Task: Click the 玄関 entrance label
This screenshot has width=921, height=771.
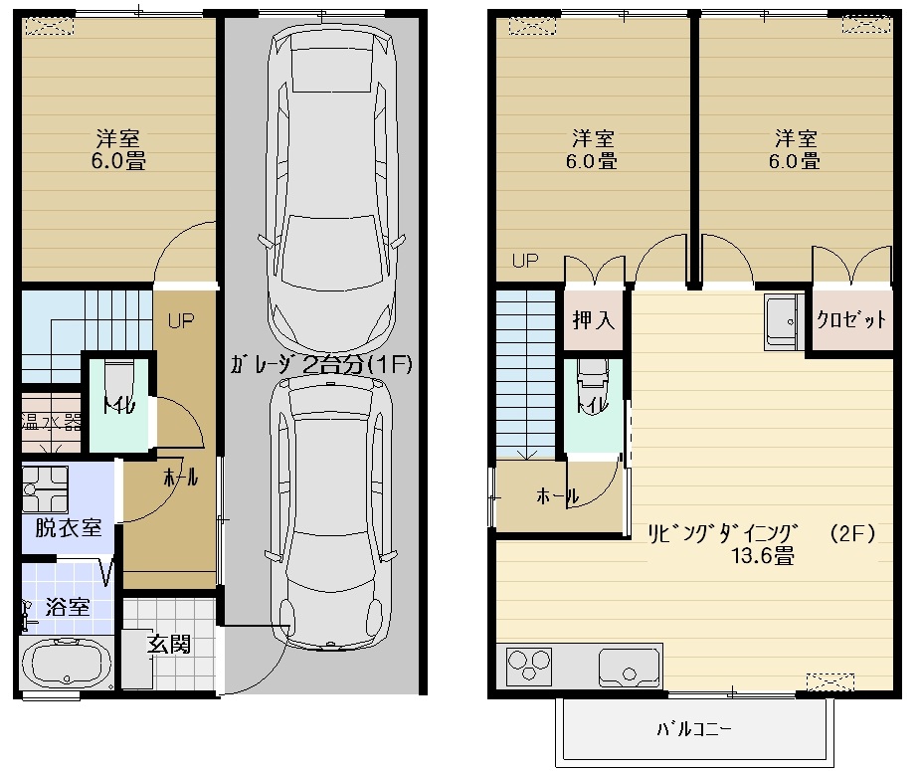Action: [x=168, y=644]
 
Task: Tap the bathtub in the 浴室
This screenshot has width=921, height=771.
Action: [x=67, y=663]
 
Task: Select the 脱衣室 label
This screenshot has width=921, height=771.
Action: [x=69, y=527]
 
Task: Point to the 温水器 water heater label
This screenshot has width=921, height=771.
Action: [x=51, y=422]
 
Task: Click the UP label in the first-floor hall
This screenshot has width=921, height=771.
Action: [x=181, y=321]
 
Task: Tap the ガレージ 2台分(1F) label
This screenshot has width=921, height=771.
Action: [x=321, y=365]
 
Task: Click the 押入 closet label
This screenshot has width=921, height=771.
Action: [x=593, y=320]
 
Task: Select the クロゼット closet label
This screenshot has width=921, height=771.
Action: [x=851, y=319]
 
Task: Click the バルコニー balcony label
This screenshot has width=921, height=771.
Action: [x=693, y=729]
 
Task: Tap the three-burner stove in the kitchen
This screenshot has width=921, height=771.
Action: [x=529, y=667]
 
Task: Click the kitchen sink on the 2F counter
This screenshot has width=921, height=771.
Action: [x=629, y=667]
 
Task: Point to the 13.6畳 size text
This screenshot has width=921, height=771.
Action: [x=763, y=555]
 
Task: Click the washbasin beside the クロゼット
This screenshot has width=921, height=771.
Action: [x=784, y=321]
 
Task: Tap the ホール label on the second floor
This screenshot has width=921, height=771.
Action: [x=557, y=496]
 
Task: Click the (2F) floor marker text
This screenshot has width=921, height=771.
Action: [x=852, y=533]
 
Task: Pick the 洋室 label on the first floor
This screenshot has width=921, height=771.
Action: [x=118, y=138]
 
